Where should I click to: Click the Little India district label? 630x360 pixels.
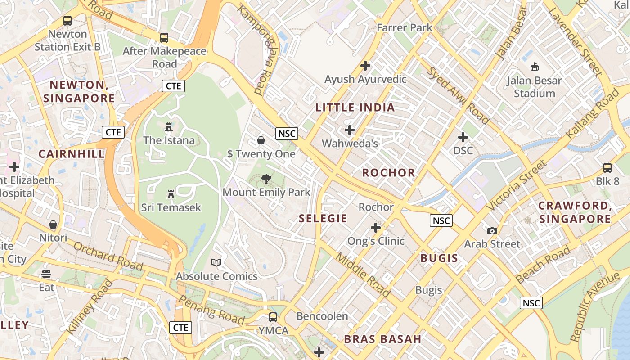(x=355, y=108)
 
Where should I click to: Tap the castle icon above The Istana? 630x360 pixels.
(x=169, y=127)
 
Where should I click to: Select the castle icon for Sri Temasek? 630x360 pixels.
(x=171, y=194)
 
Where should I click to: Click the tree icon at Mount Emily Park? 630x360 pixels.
(x=266, y=179)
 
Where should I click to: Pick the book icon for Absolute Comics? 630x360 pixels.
(x=216, y=262)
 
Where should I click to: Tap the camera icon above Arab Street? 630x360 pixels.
(x=492, y=231)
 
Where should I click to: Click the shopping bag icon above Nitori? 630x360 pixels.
(x=53, y=224)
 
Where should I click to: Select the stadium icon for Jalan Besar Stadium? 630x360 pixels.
(x=535, y=67)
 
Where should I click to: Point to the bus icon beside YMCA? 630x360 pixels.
(x=273, y=317)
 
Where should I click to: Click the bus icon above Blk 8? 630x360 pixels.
(x=607, y=168)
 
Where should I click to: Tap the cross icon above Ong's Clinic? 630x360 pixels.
(x=376, y=228)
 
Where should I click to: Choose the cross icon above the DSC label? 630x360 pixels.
(x=463, y=137)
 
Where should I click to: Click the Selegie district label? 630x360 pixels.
(x=323, y=219)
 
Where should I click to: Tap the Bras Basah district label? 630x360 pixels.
(x=382, y=339)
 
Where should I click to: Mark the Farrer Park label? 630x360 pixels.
(x=404, y=28)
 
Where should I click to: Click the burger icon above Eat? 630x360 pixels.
(x=46, y=274)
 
